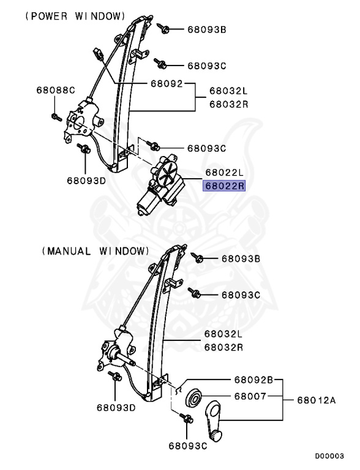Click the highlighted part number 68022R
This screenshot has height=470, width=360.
(224, 185)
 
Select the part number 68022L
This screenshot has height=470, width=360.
(224, 173)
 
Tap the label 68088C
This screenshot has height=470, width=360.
(55, 91)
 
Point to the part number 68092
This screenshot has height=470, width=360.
(166, 83)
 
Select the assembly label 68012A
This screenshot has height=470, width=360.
(317, 401)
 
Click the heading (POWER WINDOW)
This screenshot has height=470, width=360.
(75, 16)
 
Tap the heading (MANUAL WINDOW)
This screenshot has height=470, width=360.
(96, 251)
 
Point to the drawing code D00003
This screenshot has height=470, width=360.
(329, 456)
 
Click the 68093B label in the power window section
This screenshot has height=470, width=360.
(206, 29)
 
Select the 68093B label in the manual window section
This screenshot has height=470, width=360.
(241, 259)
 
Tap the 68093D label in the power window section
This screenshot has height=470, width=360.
(86, 181)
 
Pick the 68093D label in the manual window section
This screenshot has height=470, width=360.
(116, 407)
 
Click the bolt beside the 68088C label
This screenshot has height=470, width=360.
(55, 116)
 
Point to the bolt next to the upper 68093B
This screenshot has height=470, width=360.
(163, 28)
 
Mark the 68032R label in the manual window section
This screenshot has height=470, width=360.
(223, 347)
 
